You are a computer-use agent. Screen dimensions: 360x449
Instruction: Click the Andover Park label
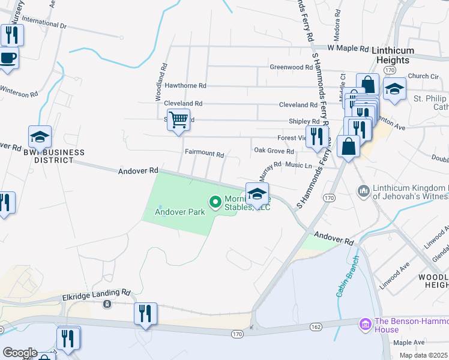pyautogui.click(x=180, y=211)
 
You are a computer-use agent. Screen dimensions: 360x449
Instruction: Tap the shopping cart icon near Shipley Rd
pyautogui.click(x=179, y=120)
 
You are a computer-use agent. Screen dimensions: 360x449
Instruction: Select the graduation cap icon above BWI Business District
pyautogui.click(x=40, y=137)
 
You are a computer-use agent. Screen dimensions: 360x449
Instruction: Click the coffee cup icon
pyautogui.click(x=7, y=59)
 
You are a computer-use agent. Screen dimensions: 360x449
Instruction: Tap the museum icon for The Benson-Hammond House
pyautogui.click(x=364, y=325)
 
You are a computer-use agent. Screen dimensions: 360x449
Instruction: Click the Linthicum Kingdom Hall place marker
pyautogui.click(x=363, y=191)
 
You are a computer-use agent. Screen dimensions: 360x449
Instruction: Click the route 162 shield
pyautogui.click(x=316, y=327)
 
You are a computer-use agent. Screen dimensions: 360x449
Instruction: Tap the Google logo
pyautogui.click(x=19, y=353)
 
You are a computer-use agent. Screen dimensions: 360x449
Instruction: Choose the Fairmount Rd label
pyautogui.click(x=204, y=154)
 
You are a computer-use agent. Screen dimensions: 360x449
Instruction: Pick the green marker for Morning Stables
pyautogui.click(x=213, y=201)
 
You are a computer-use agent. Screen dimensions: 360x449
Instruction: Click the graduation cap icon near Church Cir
pyautogui.click(x=394, y=89)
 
